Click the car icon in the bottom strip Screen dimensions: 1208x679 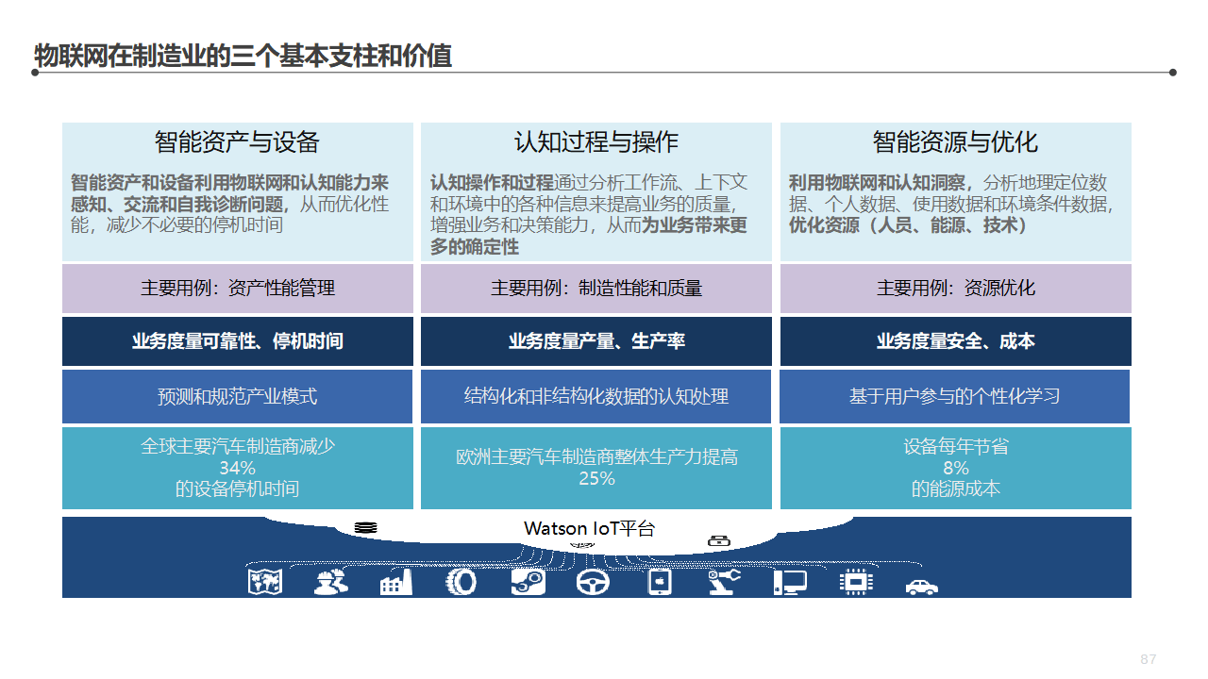click(921, 586)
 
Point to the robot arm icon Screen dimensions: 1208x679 click(725, 582)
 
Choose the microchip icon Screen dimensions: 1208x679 click(855, 582)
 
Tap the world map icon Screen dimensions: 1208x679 click(265, 582)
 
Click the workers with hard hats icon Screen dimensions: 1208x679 click(330, 582)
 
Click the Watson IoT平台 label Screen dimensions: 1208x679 click(589, 528)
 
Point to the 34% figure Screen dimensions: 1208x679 click(237, 469)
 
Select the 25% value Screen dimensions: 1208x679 click(596, 478)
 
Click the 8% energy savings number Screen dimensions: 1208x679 click(955, 469)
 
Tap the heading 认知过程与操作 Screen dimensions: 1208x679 click(596, 142)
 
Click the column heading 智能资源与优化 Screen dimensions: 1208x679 click(955, 142)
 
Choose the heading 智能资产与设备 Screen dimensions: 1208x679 click(237, 142)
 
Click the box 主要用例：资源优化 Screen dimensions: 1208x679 click(955, 289)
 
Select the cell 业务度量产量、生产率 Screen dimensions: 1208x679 click(596, 341)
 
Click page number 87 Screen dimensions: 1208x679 click(1149, 659)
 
